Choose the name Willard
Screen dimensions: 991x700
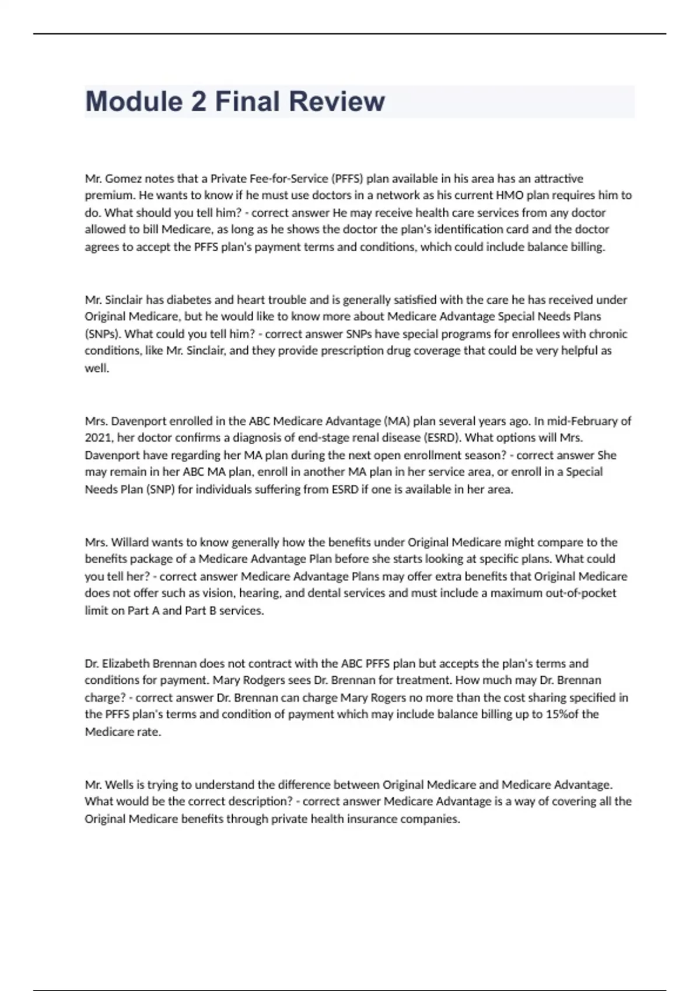click(x=129, y=542)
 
